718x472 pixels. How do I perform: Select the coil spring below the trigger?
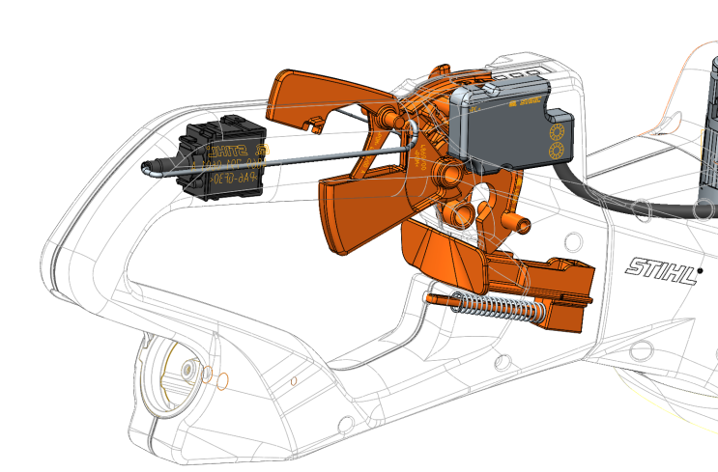point(496,308)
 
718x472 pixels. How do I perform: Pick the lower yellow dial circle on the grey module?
point(557,151)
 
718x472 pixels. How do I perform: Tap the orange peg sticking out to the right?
point(523,227)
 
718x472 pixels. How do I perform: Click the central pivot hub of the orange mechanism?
point(447,175)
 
